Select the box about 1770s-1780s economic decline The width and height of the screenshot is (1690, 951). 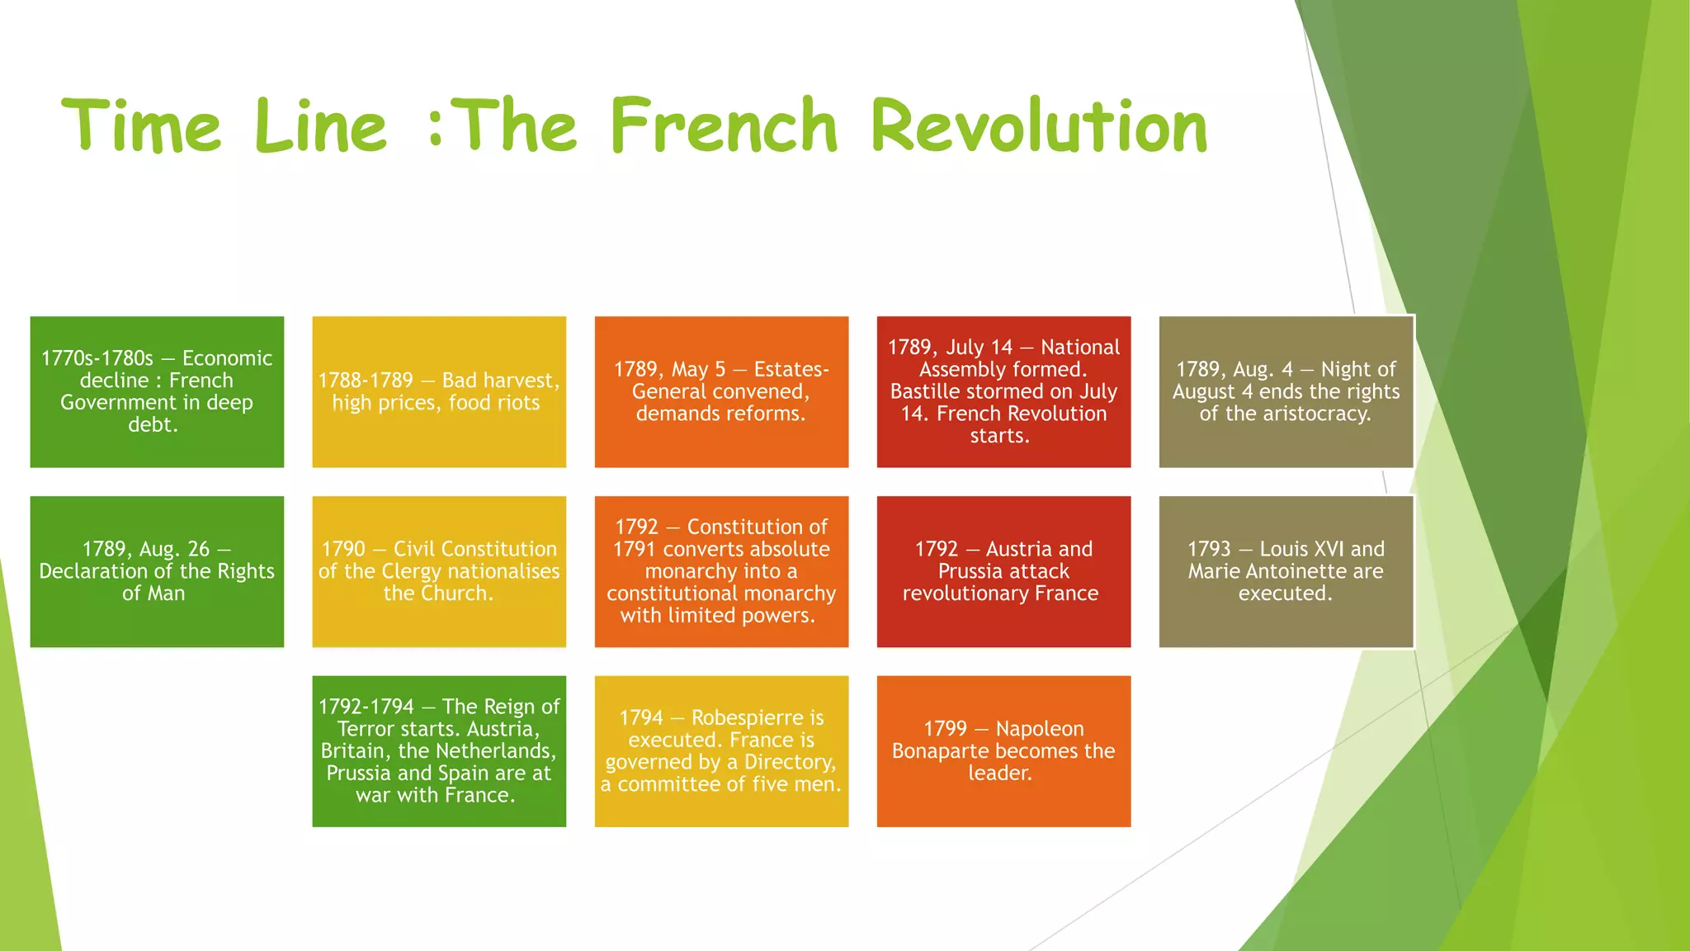[157, 391]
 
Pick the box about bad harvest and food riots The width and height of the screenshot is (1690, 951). [439, 391]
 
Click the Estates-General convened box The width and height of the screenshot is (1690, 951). [721, 391]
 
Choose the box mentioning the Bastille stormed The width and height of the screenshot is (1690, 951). [1003, 391]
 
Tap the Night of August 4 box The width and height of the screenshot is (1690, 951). [1286, 391]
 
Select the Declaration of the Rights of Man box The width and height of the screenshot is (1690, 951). [157, 571]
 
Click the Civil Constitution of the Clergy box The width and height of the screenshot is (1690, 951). [439, 571]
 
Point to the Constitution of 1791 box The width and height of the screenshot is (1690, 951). [721, 571]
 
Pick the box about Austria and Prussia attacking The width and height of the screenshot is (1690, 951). [1003, 571]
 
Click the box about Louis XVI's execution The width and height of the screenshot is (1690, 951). [1286, 571]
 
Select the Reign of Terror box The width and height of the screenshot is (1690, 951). [439, 751]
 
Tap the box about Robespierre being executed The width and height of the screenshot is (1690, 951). [721, 751]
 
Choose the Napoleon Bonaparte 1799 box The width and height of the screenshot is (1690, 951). [1003, 751]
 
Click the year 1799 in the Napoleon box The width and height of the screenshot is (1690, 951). [945, 729]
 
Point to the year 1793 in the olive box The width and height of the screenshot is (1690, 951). [1209, 549]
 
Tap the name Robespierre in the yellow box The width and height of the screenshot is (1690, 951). [758, 717]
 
